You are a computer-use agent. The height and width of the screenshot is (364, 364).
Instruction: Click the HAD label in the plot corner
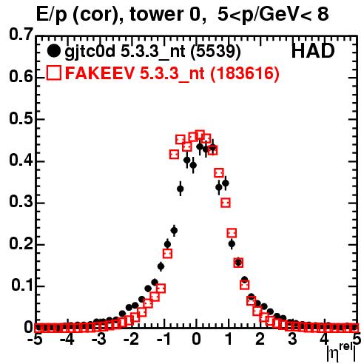pyautogui.click(x=313, y=51)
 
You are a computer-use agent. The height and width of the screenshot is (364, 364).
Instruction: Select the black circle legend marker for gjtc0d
pyautogui.click(x=53, y=51)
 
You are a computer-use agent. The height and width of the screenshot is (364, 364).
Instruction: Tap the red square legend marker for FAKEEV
pyautogui.click(x=53, y=73)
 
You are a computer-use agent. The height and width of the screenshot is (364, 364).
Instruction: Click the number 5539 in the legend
pyautogui.click(x=215, y=51)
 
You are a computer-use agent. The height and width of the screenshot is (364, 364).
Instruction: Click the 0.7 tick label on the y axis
pyautogui.click(x=21, y=34)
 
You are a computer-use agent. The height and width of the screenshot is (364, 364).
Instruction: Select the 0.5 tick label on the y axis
pyautogui.click(x=21, y=119)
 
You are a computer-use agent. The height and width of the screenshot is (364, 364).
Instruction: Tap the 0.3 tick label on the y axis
pyautogui.click(x=21, y=202)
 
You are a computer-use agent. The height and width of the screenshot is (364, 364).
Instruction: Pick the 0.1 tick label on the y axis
pyautogui.click(x=22, y=286)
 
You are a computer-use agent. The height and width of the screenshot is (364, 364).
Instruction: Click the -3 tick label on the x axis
pyautogui.click(x=99, y=340)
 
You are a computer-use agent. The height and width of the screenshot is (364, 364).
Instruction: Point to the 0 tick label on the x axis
pyautogui.click(x=196, y=340)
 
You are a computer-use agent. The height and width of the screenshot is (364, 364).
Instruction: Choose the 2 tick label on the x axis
pyautogui.click(x=260, y=340)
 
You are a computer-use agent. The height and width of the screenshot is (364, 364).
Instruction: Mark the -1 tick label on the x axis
pyautogui.click(x=163, y=340)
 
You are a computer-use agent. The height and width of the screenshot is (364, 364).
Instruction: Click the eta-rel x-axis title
pyautogui.click(x=342, y=352)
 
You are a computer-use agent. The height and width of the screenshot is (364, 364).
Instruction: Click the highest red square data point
pyautogui.click(x=200, y=135)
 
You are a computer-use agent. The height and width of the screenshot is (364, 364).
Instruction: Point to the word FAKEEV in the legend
pyautogui.click(x=101, y=73)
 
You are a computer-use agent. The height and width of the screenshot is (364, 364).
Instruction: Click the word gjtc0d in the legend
pyautogui.click(x=90, y=53)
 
